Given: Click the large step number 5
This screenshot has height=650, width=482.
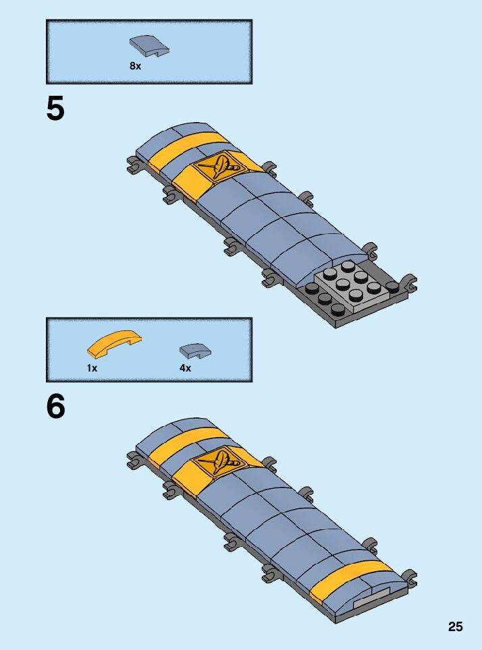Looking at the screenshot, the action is point(55,109).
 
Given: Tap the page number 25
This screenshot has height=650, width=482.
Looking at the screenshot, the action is point(455,626).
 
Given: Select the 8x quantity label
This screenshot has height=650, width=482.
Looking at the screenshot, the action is point(135,66).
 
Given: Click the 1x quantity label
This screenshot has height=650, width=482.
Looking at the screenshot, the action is point(92,368).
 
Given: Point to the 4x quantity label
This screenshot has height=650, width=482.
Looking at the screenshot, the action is point(185,368).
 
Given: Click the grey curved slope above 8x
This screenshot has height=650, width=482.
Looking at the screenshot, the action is point(149,47).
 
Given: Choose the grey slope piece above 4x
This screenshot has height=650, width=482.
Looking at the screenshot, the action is point(195,350).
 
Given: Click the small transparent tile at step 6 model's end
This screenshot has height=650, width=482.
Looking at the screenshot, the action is point(371,598).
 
